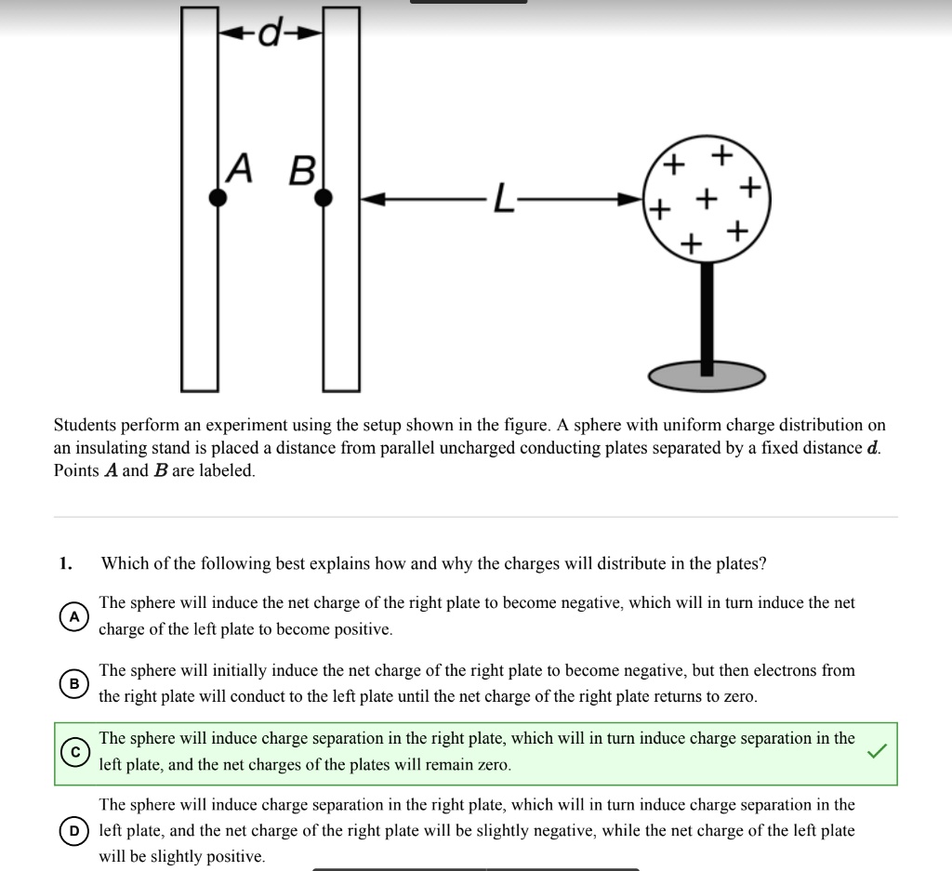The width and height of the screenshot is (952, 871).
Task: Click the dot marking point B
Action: click(x=324, y=197)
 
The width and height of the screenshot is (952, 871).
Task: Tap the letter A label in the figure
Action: click(x=240, y=168)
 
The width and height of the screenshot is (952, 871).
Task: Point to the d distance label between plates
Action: click(x=270, y=33)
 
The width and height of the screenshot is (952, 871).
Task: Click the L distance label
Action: click(x=502, y=199)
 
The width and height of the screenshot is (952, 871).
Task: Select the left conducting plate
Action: click(x=200, y=279)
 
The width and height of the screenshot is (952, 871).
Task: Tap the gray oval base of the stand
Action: click(x=707, y=376)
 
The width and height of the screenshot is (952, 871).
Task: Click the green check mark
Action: click(x=878, y=752)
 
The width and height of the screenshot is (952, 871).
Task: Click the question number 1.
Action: click(x=64, y=563)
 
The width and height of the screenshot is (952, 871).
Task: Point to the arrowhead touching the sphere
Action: click(x=633, y=199)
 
